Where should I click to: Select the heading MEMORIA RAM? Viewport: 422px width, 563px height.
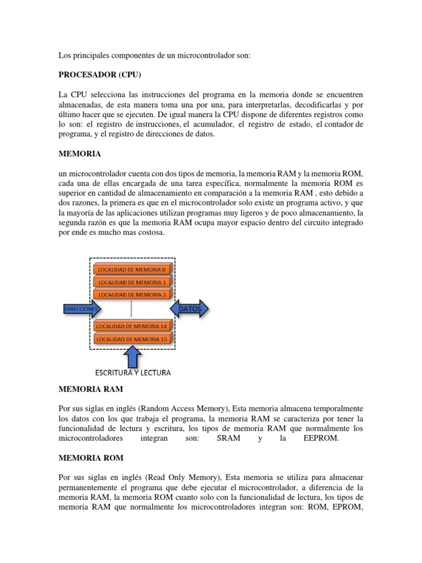pyautogui.click(x=91, y=389)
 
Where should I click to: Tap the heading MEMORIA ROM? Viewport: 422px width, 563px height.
pyautogui.click(x=91, y=457)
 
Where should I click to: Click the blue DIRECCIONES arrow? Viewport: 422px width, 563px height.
pyautogui.click(x=80, y=310)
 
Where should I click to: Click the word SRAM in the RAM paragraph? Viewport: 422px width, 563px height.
pyautogui.click(x=229, y=438)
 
